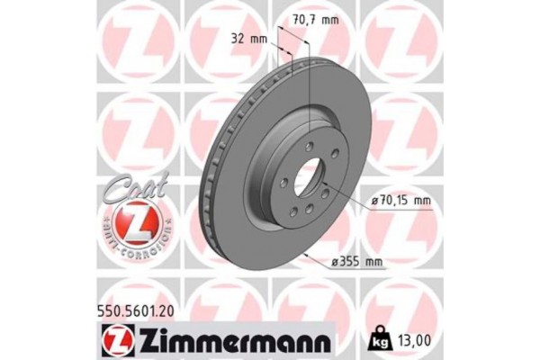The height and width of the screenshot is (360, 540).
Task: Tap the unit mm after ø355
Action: click(373, 261)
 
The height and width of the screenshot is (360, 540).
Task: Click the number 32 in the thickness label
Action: click(238, 39)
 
